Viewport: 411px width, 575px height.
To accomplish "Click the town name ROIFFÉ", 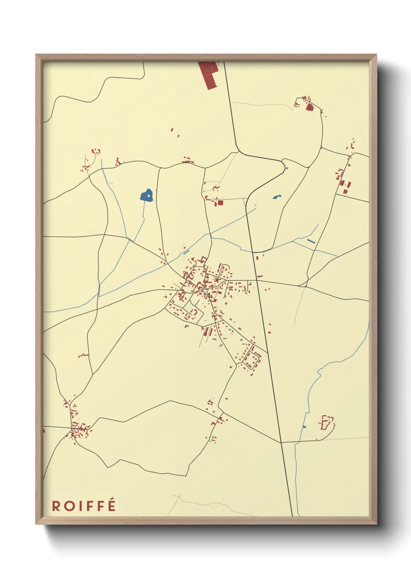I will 84,506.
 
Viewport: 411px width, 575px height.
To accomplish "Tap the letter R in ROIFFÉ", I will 56,506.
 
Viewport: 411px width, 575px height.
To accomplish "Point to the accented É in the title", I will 112,505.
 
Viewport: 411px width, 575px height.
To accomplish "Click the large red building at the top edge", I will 209,74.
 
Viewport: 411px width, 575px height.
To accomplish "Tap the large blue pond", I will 146,195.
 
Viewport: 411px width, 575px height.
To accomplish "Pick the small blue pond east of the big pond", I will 277,197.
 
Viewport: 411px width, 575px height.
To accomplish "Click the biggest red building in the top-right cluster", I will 310,107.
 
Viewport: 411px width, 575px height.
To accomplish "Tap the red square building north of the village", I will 220,202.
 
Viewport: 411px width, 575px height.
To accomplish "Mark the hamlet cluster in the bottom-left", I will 79,429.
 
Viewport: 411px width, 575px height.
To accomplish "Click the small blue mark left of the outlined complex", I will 304,427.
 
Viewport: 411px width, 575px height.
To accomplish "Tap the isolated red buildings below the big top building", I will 174,132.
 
